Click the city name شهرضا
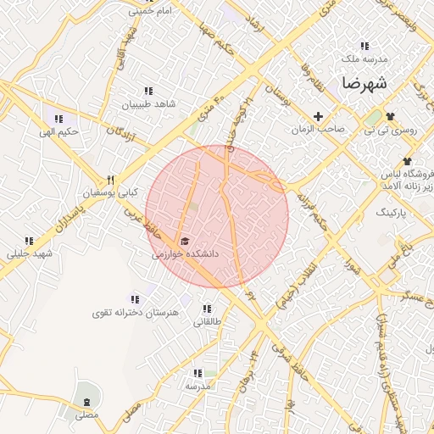365,84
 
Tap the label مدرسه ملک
364,59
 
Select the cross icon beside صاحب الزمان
319,116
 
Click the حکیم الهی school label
58,132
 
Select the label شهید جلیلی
30,253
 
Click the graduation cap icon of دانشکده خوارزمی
185,242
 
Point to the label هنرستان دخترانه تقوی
136,313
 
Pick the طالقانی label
207,322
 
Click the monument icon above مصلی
86,401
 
